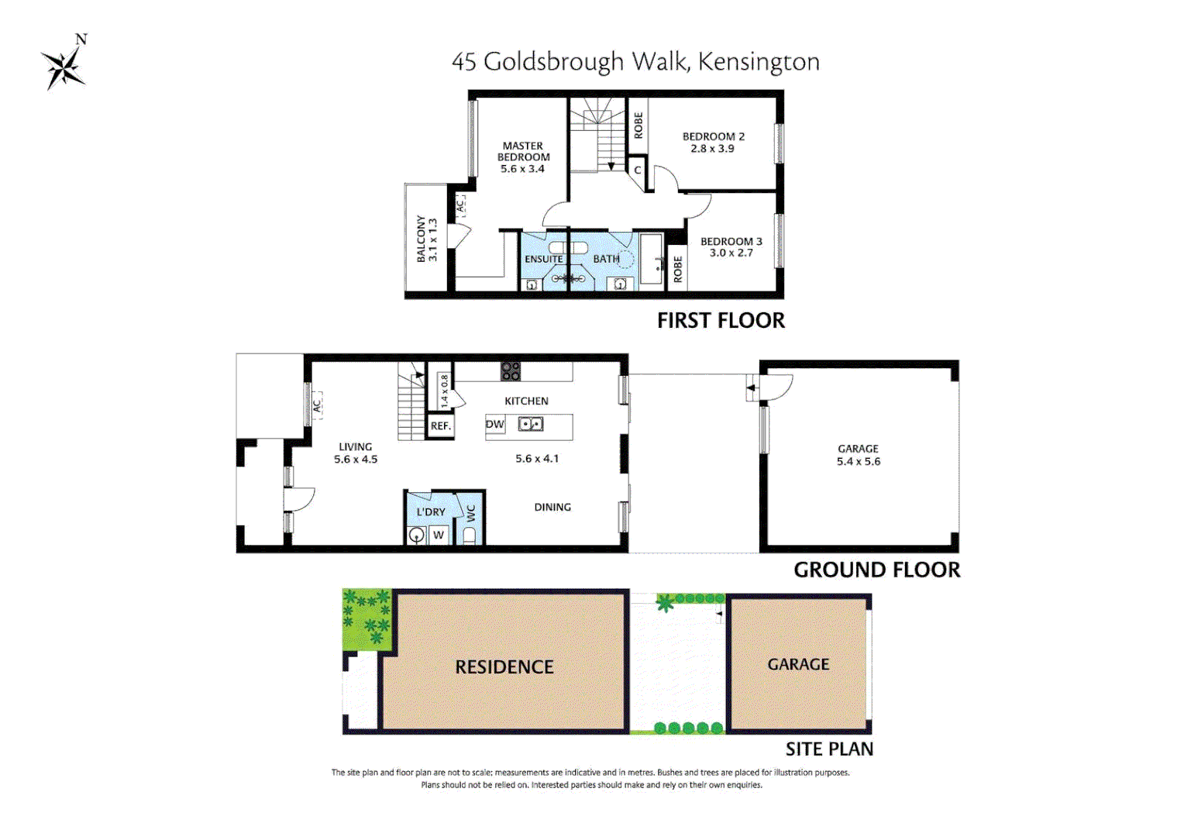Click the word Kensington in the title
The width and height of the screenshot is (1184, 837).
[759, 62]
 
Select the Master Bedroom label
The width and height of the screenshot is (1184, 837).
[523, 151]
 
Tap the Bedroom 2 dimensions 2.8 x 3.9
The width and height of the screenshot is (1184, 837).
[712, 149]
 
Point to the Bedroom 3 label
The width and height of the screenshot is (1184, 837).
[731, 241]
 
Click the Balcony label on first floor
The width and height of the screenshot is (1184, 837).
[422, 239]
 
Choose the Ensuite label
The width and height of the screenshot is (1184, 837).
[543, 259]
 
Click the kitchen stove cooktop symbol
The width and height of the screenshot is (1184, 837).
[510, 371]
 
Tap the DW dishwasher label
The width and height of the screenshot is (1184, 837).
[494, 424]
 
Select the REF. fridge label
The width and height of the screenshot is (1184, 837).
[440, 425]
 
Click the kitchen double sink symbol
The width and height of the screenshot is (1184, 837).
[531, 424]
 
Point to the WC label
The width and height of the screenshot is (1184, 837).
[470, 514]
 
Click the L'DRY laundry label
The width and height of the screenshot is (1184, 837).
[431, 511]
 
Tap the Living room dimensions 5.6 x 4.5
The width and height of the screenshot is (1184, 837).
[356, 460]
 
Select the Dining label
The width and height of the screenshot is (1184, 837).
[552, 507]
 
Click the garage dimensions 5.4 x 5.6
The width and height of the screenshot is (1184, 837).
[858, 461]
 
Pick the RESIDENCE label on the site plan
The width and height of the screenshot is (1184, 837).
[504, 667]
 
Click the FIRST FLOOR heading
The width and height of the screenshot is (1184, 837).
[721, 321]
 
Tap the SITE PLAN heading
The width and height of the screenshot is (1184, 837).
[829, 749]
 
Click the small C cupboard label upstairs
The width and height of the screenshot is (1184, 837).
[638, 170]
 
